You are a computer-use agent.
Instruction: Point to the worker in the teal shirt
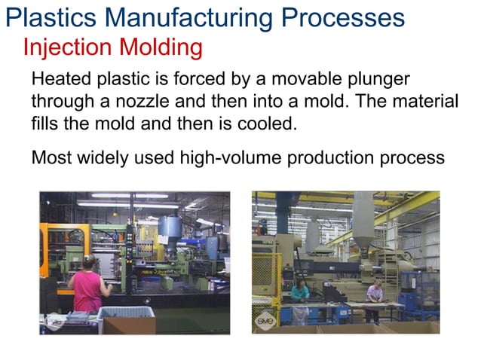coord(300,289)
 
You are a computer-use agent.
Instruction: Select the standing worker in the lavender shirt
coord(375,290)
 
